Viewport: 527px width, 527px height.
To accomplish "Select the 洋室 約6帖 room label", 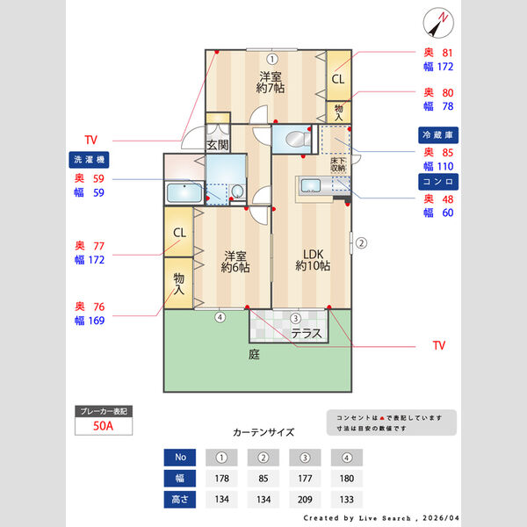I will [235, 260].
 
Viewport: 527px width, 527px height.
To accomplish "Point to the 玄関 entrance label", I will [217, 145].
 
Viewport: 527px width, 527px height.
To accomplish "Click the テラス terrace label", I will [307, 334].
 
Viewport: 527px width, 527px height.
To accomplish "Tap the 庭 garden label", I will [254, 355].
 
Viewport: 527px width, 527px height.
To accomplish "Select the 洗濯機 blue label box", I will [88, 160].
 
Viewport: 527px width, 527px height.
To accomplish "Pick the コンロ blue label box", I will [439, 180].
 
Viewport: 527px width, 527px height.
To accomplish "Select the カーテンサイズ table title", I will [263, 432].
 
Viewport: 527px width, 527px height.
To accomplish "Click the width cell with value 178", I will [222, 479].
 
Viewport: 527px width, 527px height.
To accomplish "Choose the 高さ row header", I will [180, 500].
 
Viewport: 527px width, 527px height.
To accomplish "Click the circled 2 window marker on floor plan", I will [360, 242].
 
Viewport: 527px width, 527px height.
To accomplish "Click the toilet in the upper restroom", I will [297, 139].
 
